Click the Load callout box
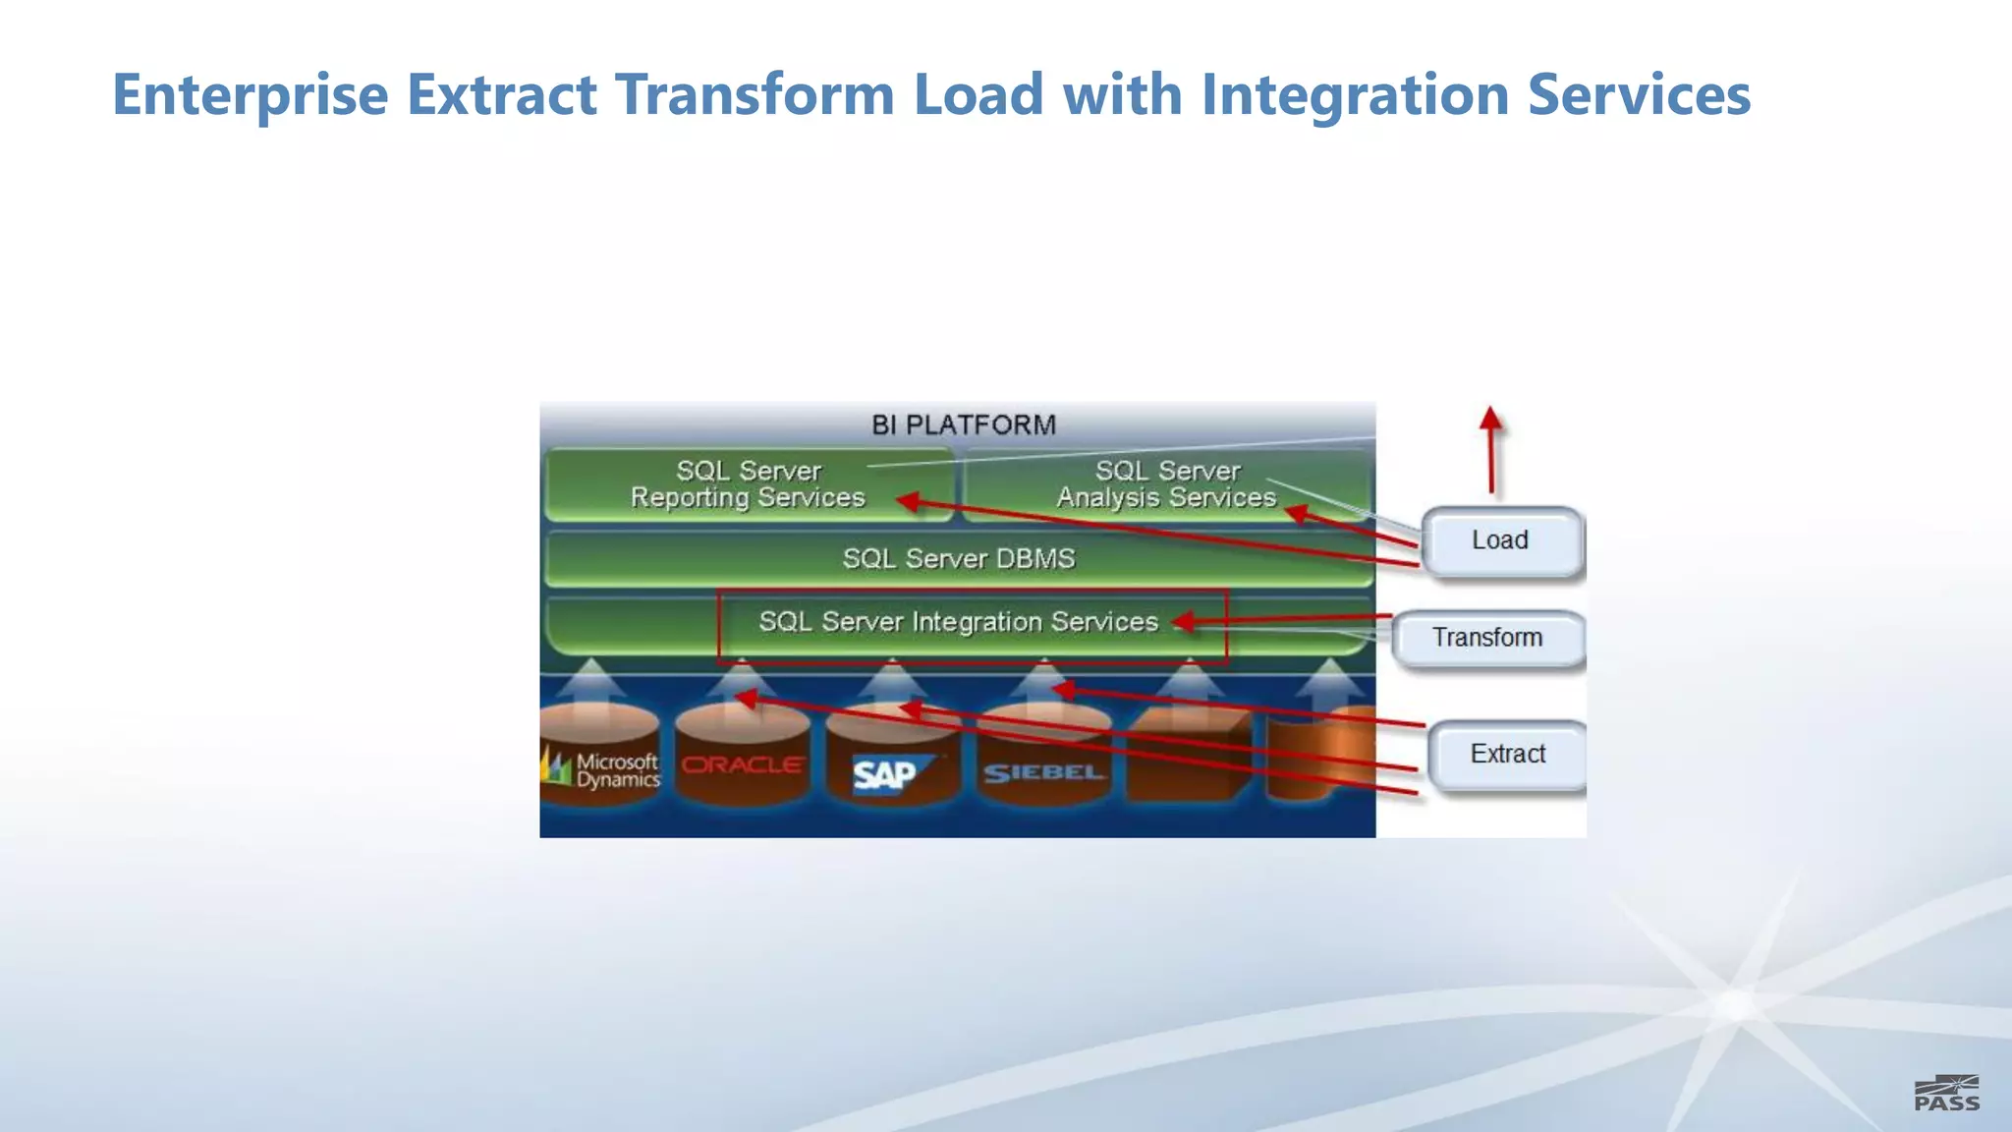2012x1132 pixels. click(x=1500, y=540)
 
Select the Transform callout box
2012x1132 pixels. click(x=1487, y=638)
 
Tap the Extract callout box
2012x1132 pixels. click(x=1507, y=754)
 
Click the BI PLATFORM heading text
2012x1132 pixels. click(x=963, y=424)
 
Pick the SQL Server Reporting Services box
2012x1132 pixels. click(x=748, y=484)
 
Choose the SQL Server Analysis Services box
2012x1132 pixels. click(x=1166, y=484)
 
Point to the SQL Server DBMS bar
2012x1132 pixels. click(x=958, y=558)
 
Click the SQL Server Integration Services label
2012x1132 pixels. click(x=958, y=621)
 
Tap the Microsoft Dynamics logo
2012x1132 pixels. click(x=601, y=769)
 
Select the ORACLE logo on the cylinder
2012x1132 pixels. click(x=742, y=764)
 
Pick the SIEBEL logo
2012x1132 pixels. click(x=1043, y=773)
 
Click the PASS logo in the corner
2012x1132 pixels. click(x=1946, y=1094)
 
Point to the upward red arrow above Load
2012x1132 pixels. click(x=1491, y=447)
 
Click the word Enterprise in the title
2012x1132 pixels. click(x=251, y=94)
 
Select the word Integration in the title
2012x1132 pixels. click(x=1355, y=94)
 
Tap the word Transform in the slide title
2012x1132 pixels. click(x=754, y=94)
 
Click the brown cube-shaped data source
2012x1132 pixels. click(x=1189, y=757)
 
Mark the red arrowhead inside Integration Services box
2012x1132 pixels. click(x=1185, y=621)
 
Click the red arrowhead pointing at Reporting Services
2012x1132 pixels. click(x=908, y=501)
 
